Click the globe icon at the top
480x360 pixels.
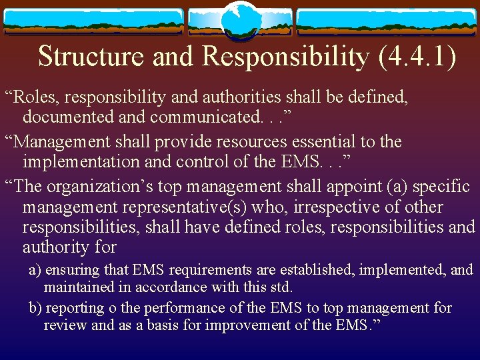(240, 21)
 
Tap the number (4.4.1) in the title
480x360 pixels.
(417, 57)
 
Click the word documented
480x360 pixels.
(64, 117)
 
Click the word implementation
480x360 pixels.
(81, 161)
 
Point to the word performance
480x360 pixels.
(191, 308)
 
